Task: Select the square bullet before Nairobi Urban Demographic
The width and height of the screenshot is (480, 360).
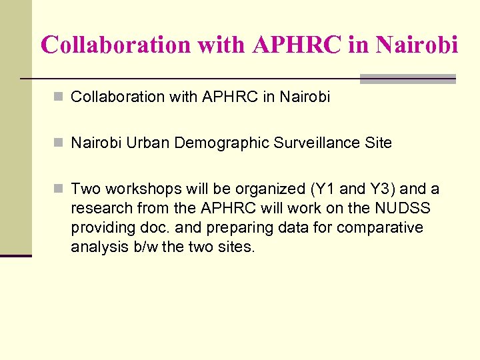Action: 59,143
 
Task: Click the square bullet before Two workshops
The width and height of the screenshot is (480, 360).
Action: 59,189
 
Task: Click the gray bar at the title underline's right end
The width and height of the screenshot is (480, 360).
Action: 408,79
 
